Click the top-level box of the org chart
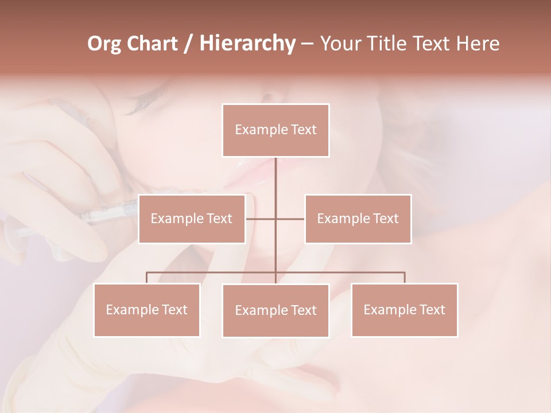click(x=275, y=130)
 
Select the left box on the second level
click(x=192, y=219)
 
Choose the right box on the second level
click(x=358, y=219)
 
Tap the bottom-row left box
click(x=147, y=310)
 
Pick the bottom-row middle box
click(x=275, y=310)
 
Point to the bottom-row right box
click(x=404, y=310)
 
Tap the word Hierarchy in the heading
click(x=247, y=44)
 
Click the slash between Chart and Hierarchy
click(x=188, y=44)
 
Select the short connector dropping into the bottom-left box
click(x=147, y=278)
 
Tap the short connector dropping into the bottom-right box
click(x=404, y=278)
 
